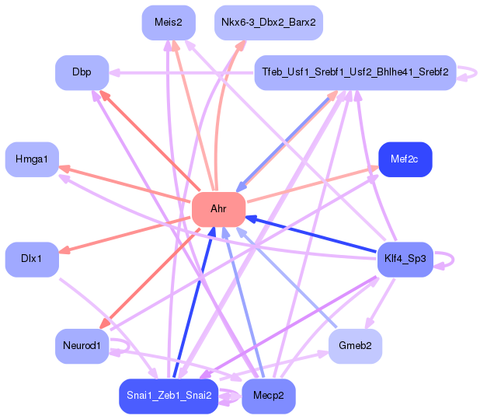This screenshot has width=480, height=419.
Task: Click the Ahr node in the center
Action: point(218,210)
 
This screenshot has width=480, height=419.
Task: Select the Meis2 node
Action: point(169,23)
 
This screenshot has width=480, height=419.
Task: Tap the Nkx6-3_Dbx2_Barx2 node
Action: point(269,23)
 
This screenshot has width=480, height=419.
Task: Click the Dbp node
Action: point(82,72)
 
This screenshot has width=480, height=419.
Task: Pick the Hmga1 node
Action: point(32,159)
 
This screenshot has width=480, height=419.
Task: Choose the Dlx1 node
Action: point(32,260)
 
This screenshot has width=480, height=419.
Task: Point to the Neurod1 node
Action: point(82,346)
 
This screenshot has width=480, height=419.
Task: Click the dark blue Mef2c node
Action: point(405,159)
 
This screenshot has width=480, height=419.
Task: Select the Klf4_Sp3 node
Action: point(405,260)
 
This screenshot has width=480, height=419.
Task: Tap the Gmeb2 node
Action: point(355,346)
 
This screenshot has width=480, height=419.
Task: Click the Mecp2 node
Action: point(269,396)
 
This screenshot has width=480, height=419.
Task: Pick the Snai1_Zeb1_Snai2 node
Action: point(169,396)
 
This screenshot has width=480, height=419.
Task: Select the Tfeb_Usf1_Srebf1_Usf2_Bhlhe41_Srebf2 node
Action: point(355,72)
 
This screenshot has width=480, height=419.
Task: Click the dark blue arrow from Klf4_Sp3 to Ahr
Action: point(311,234)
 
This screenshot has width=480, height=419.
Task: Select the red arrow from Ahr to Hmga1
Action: point(125,184)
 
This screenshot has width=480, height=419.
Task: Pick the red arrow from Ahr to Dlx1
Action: point(125,235)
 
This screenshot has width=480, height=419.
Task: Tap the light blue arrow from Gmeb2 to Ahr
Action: point(287,278)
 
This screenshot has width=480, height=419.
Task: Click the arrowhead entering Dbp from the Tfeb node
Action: point(114,73)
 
